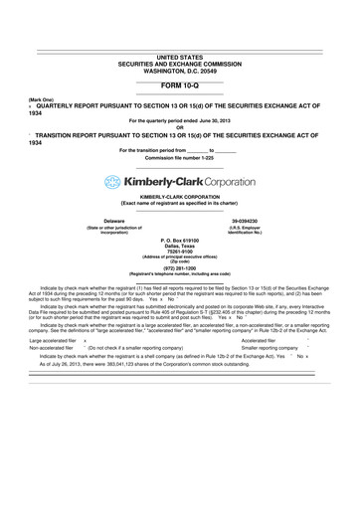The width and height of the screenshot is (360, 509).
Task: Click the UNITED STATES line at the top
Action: [x=180, y=58]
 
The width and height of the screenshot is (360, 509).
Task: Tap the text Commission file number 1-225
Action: [x=180, y=158]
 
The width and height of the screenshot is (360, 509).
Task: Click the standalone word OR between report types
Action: [x=180, y=126]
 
